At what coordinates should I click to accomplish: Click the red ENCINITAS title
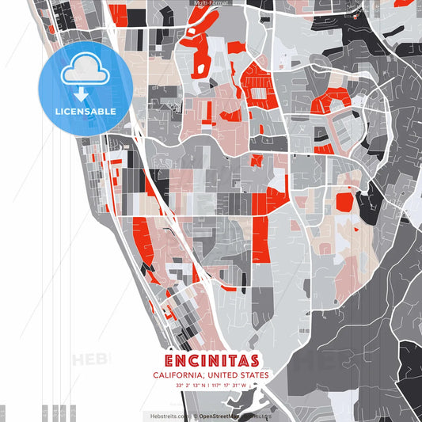(x=211, y=360)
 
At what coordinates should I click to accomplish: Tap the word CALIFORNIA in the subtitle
(x=180, y=375)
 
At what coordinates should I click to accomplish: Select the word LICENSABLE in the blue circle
(x=85, y=112)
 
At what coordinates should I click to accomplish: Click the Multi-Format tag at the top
(x=211, y=3)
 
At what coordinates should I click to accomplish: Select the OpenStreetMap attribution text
(x=221, y=415)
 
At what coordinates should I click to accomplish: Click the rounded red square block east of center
(x=344, y=201)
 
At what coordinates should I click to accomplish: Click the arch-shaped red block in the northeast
(x=330, y=100)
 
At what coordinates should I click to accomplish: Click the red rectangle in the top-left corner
(x=117, y=13)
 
